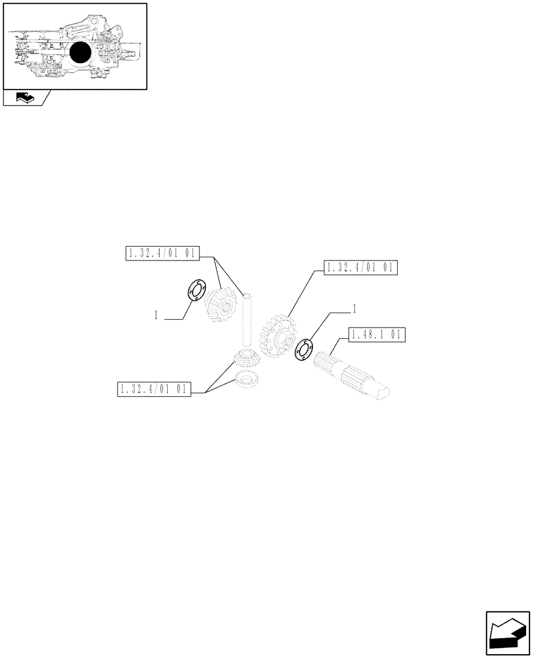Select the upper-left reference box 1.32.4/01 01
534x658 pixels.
(162, 253)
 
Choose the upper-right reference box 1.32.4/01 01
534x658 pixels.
(361, 268)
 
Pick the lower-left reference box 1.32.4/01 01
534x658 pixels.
(153, 389)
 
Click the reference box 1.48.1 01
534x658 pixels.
(377, 335)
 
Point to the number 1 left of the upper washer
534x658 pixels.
(156, 316)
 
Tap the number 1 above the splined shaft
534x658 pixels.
(355, 307)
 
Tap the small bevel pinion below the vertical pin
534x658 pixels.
(245, 361)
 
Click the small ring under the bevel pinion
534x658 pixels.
(245, 379)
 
